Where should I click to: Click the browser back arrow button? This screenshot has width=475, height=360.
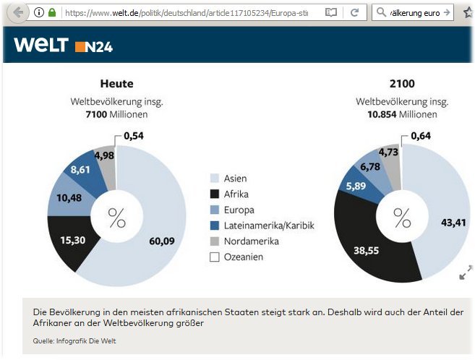click(x=17, y=12)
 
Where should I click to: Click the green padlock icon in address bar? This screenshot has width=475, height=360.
click(x=51, y=13)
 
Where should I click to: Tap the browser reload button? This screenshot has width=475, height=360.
click(x=354, y=13)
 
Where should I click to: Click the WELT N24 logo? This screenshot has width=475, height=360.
click(x=63, y=46)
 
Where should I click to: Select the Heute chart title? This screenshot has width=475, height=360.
click(x=116, y=84)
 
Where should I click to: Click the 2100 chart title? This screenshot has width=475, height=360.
click(x=401, y=84)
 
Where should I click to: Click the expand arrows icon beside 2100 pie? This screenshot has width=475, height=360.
click(x=465, y=272)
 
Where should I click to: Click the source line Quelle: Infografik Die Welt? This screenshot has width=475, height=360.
click(x=74, y=340)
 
